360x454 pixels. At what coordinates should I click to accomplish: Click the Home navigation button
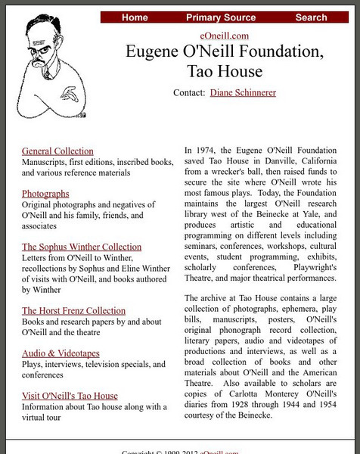click(x=135, y=17)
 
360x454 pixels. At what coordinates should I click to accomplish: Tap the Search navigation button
click(x=311, y=17)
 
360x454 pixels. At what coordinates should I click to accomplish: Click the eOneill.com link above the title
click(x=225, y=36)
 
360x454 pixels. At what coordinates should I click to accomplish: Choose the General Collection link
click(x=57, y=151)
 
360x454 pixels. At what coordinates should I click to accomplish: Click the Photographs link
click(x=45, y=194)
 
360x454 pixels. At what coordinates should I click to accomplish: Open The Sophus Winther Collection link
click(x=82, y=247)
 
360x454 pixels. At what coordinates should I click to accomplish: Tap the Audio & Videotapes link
click(x=61, y=353)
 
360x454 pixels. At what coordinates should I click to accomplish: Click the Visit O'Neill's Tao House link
click(x=70, y=396)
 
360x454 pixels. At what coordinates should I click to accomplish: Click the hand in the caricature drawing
click(x=70, y=96)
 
